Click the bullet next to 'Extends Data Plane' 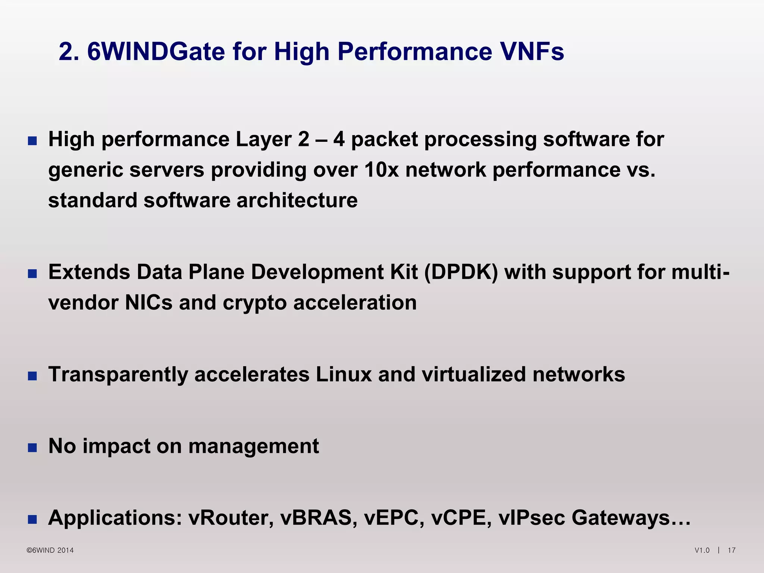[x=32, y=274]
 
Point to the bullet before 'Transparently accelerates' [x=32, y=376]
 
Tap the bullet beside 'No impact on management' [x=32, y=448]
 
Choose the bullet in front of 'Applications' [x=32, y=519]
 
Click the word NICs [x=148, y=303]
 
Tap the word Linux [x=344, y=374]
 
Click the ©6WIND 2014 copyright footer [x=50, y=550]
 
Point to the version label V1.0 [x=702, y=550]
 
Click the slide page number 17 [x=732, y=550]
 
